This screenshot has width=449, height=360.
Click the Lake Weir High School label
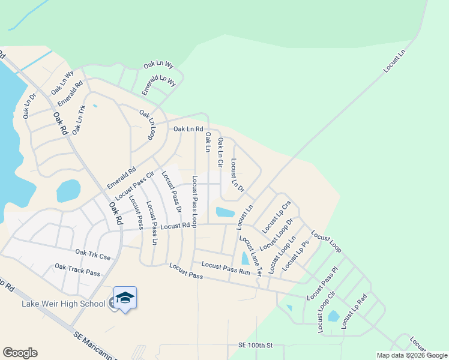pyautogui.click(x=63, y=304)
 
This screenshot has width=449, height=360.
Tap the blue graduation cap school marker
pyautogui.click(x=124, y=298)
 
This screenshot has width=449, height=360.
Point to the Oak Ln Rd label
pyautogui.click(x=188, y=129)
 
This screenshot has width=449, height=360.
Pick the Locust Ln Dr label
pyautogui.click(x=237, y=175)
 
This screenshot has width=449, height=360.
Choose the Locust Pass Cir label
pyautogui.click(x=135, y=185)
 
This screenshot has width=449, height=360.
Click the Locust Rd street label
pyautogui.click(x=175, y=226)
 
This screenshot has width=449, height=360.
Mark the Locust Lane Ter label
pyautogui.click(x=251, y=255)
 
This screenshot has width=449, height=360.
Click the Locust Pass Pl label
pyautogui.click(x=323, y=284)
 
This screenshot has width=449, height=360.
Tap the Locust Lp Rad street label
pyautogui.click(x=354, y=311)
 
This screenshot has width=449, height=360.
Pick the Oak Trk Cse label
pyautogui.click(x=93, y=256)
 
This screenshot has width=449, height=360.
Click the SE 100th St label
pyautogui.click(x=255, y=346)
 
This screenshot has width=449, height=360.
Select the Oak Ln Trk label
pyautogui.click(x=79, y=120)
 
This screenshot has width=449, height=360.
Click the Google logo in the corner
pyautogui.click(x=20, y=353)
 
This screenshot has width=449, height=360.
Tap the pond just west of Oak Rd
pyautogui.click(x=68, y=191)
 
